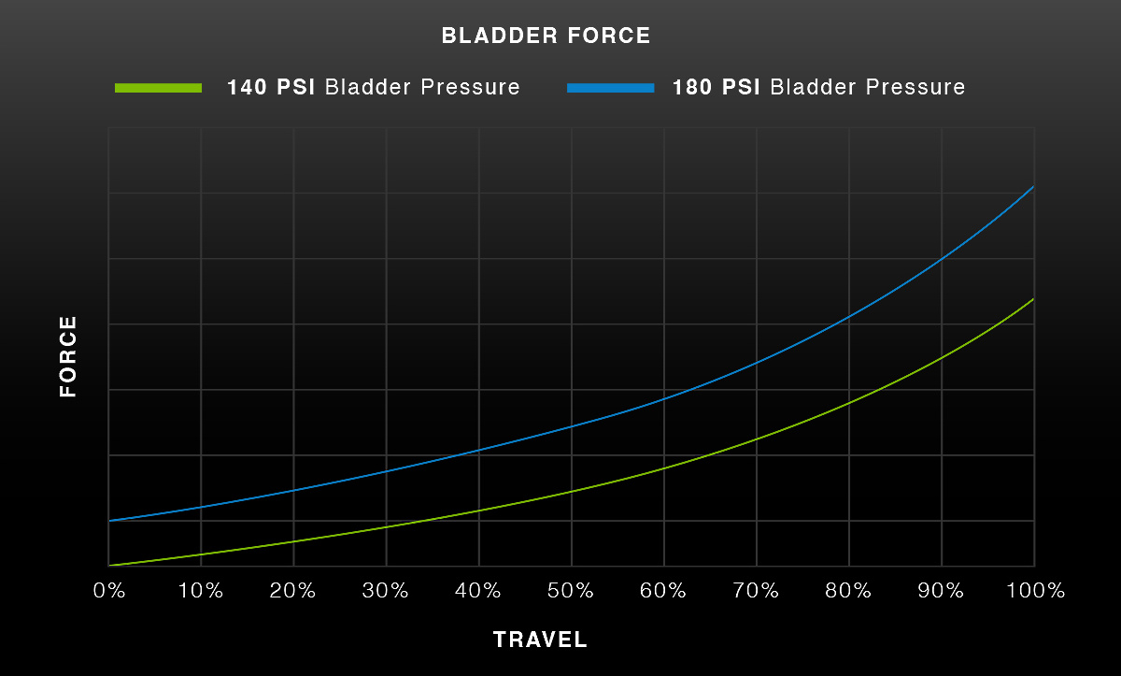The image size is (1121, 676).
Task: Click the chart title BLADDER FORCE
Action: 546,36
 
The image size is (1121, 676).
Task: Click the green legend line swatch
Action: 158,88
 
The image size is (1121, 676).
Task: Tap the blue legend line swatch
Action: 611,88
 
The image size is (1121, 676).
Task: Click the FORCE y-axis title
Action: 68,356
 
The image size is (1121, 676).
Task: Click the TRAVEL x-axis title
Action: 540,640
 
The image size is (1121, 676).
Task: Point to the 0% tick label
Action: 109,591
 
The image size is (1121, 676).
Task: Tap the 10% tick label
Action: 201,591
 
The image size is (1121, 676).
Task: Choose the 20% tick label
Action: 292,591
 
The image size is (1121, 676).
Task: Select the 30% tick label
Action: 385,591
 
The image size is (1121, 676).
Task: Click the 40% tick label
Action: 478,591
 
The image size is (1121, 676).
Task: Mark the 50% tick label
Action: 571,591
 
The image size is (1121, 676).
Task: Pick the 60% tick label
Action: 663,591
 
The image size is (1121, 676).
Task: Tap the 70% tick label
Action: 756,591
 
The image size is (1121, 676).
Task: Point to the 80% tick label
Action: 848,591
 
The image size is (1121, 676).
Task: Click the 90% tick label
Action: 941,591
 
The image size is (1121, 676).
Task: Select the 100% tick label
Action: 1035,591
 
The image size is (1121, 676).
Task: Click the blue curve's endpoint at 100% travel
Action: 1033,186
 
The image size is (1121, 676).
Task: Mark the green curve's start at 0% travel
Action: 109,566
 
